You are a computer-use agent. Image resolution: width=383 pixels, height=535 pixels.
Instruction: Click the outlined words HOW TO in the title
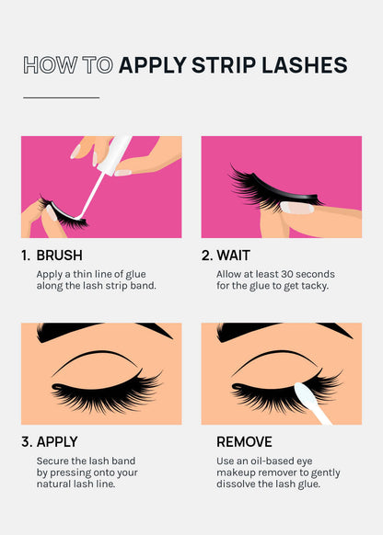coord(67,64)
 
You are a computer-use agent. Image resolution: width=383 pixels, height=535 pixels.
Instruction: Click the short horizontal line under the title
coord(61,97)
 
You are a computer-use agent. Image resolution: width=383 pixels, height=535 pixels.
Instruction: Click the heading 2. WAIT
coord(226,256)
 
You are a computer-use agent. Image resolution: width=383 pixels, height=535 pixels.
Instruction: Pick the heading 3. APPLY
coord(50,441)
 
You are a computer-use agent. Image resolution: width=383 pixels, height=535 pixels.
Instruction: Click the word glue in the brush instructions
coord(145,274)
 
